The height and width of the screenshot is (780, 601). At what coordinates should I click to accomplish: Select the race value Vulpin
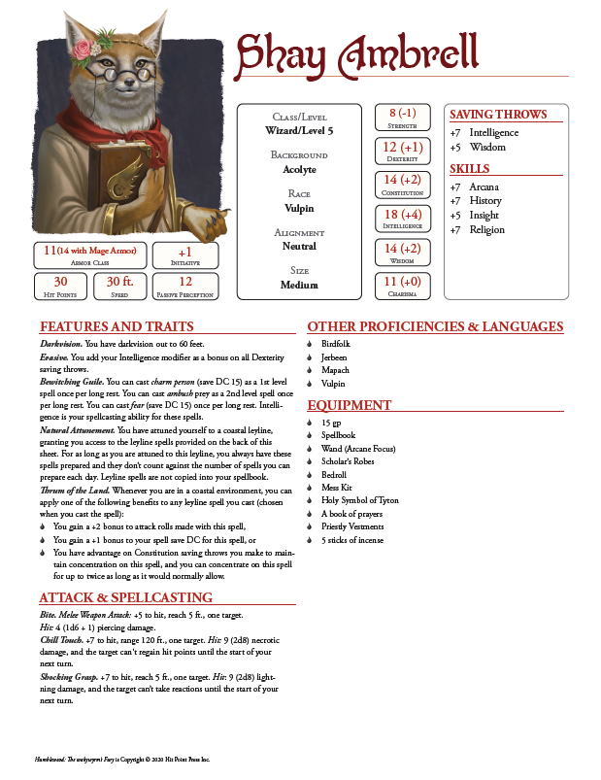pos(300,207)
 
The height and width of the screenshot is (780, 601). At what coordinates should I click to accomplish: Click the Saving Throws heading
pos(498,114)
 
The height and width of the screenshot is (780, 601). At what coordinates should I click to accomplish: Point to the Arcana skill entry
pos(484,187)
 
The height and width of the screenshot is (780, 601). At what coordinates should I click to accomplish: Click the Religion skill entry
pos(486,229)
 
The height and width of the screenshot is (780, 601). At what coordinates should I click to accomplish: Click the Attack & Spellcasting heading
pos(125,596)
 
